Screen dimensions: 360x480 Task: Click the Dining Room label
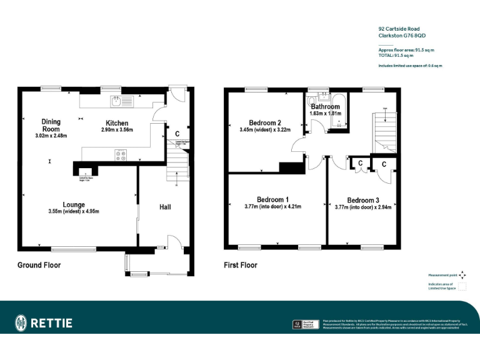point(51,125)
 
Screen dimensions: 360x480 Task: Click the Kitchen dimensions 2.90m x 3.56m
point(117,130)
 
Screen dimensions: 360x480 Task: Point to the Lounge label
point(74,204)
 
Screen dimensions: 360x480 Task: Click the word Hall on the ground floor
point(165,207)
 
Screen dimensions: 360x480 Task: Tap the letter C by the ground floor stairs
point(177,134)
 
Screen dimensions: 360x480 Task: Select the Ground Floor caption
point(39,265)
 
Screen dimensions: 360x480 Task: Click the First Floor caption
point(241,265)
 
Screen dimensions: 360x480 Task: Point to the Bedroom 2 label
point(265,122)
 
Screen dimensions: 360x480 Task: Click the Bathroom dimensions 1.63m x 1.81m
point(326,114)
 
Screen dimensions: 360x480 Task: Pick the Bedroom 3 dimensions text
point(363,207)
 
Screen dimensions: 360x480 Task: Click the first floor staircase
point(383,132)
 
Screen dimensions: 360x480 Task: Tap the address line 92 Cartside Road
point(399,28)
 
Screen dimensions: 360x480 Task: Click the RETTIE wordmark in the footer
point(52,323)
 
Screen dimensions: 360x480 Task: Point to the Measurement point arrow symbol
point(462,274)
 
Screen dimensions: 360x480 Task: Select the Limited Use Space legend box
point(462,287)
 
